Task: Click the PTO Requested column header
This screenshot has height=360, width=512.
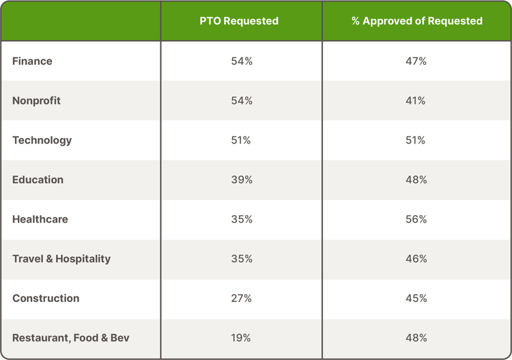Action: (x=239, y=21)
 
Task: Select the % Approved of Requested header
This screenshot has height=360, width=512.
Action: (x=417, y=21)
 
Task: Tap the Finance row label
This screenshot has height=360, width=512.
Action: (x=32, y=61)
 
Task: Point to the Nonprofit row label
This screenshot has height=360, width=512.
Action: (x=36, y=100)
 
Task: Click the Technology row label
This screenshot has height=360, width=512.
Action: (x=42, y=141)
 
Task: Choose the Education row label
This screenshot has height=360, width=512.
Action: (x=38, y=180)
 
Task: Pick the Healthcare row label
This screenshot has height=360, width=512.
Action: (x=40, y=219)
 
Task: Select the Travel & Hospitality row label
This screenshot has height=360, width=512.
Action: (x=61, y=259)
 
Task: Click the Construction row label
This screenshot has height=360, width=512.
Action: (x=46, y=299)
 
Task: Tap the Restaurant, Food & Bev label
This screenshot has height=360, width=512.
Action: (x=71, y=337)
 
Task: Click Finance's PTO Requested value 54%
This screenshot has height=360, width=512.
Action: (x=242, y=61)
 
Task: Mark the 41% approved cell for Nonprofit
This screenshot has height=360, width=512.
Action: (x=416, y=100)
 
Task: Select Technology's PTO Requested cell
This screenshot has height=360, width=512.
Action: (x=241, y=140)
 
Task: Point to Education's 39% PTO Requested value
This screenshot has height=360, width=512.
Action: (x=242, y=180)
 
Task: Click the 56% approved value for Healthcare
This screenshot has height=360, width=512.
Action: (x=416, y=219)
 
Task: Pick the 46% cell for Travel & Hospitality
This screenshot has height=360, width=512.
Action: (x=416, y=259)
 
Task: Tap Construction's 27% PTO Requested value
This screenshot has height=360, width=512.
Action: (x=241, y=299)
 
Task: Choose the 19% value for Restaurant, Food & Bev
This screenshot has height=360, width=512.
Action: (x=241, y=337)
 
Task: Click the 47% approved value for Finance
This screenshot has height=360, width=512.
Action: (x=416, y=61)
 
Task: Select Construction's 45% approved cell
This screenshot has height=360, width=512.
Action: (x=416, y=299)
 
